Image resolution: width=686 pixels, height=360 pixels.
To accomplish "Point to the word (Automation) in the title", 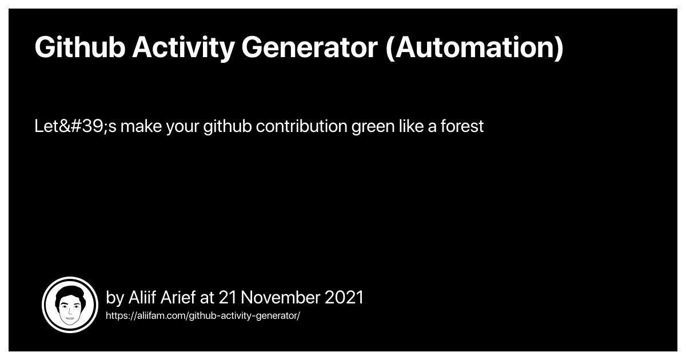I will pos(474,47).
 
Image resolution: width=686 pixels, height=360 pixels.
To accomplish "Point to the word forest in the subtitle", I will pos(462,126).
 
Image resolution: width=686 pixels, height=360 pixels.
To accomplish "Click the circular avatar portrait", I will pos(70,305).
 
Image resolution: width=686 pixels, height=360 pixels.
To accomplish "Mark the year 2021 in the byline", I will pos(344,298).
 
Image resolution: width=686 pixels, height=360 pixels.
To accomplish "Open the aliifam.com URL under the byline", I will pos(203,315).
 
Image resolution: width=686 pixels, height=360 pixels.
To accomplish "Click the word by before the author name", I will pos(115,298).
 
